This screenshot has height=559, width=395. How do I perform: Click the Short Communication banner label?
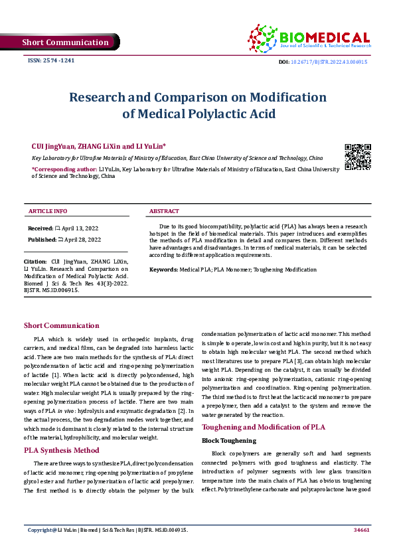(65, 42)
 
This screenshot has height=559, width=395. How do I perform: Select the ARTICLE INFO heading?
(47, 211)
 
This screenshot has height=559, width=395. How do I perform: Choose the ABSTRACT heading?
(164, 211)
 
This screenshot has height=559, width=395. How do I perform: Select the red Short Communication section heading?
(61, 325)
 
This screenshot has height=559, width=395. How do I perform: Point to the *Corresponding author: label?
(65, 169)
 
